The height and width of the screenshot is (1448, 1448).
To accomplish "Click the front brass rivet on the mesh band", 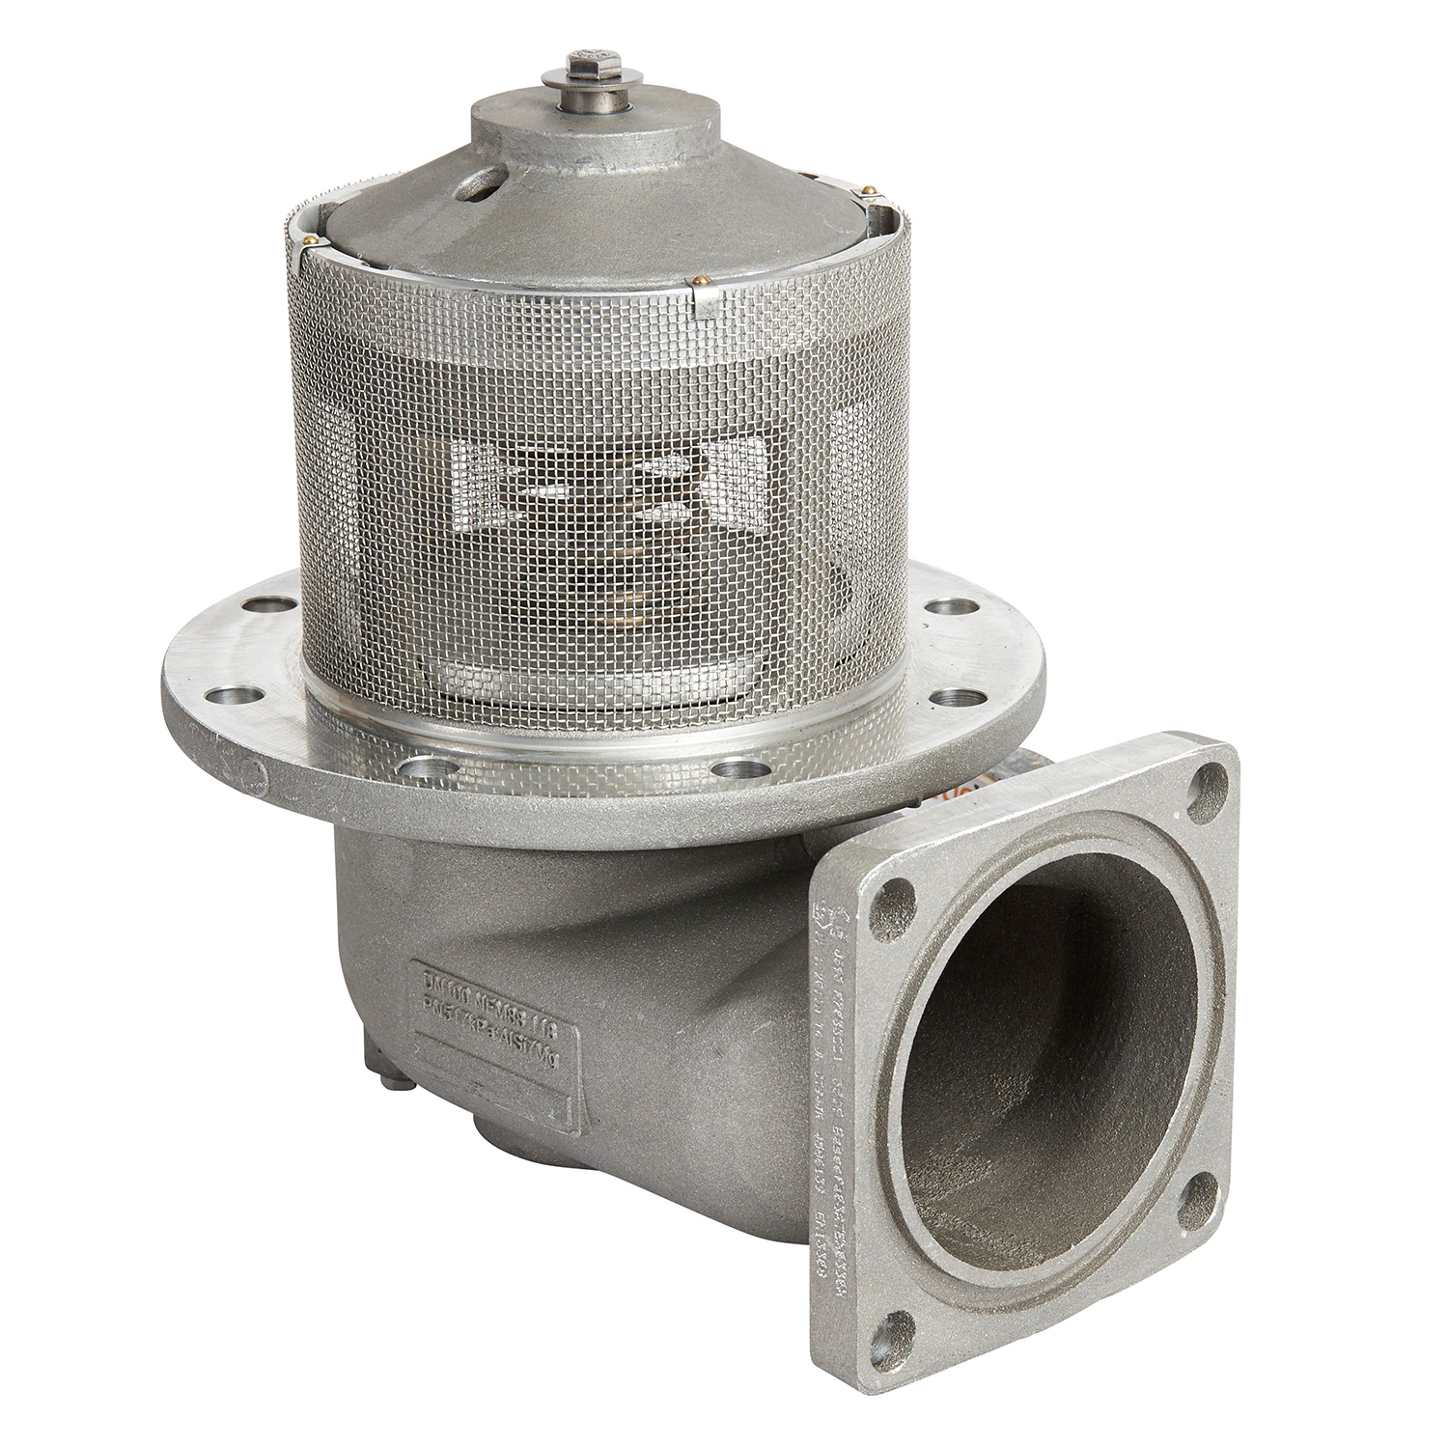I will click(x=697, y=282).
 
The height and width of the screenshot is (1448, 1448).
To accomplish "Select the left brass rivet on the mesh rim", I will click(x=308, y=239).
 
